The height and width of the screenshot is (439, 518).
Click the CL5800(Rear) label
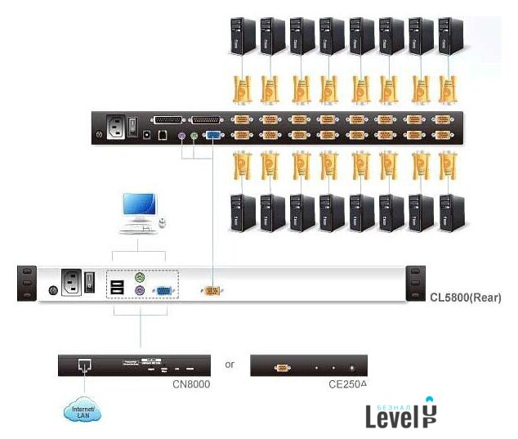465,298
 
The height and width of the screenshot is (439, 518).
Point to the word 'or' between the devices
230,364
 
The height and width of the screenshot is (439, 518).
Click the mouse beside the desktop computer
163,222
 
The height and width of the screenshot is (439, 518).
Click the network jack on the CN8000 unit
83,365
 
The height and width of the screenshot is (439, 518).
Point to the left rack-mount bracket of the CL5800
28,284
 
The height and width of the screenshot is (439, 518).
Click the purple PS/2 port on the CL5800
140,291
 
